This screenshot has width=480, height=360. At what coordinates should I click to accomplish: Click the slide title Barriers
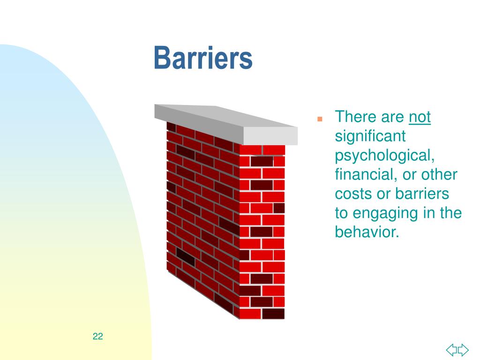[x=203, y=59]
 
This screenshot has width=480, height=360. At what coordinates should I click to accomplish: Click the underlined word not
[x=420, y=117]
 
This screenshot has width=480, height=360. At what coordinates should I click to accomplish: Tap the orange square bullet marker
[x=320, y=119]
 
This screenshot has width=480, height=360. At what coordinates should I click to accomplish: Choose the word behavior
[x=366, y=232]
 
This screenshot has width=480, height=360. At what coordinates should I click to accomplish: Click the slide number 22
[x=98, y=336]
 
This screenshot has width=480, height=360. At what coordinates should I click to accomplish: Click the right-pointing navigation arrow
[x=463, y=349]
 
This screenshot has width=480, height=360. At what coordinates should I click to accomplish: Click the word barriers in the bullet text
[x=422, y=194]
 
